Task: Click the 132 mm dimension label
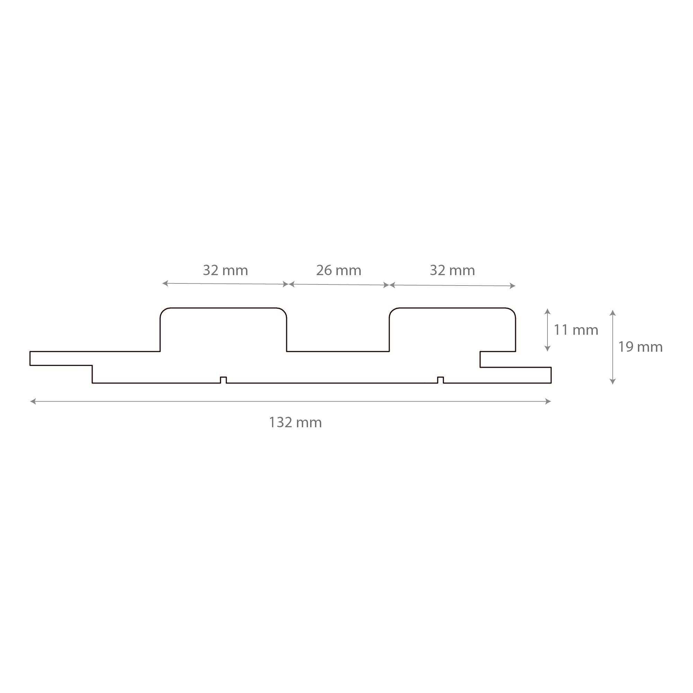295,422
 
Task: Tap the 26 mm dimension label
338,271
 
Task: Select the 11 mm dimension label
576,330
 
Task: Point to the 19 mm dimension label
640,347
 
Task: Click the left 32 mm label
225,271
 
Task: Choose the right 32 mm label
452,271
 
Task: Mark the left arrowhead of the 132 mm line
33,401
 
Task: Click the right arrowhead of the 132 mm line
549,401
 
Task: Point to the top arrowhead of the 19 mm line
613,313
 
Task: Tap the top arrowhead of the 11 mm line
547,311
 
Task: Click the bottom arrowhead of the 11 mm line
547,349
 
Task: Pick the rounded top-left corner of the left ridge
163,311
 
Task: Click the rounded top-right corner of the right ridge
512,311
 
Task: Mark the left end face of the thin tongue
30,358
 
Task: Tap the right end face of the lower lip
551,375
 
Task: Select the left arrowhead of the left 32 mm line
165,283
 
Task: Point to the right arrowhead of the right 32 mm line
513,286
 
